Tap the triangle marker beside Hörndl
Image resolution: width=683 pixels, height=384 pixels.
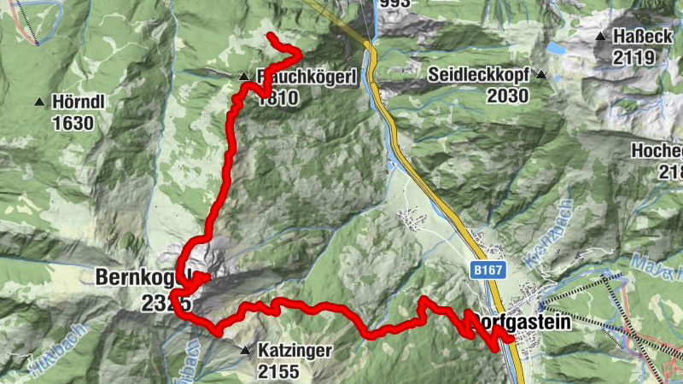[38, 103]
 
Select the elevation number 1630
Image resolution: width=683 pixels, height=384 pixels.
[72, 122]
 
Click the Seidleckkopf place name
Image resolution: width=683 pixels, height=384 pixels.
[482, 75]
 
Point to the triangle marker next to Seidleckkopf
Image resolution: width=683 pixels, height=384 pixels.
[541, 75]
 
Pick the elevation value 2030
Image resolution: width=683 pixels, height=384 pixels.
[508, 96]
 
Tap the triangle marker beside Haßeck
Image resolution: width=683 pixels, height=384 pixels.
[601, 38]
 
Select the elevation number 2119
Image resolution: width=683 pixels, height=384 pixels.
[633, 57]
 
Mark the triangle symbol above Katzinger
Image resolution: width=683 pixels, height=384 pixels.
[246, 350]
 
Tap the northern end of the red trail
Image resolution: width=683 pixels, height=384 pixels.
[270, 35]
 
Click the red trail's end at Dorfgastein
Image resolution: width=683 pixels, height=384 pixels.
[510, 339]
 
